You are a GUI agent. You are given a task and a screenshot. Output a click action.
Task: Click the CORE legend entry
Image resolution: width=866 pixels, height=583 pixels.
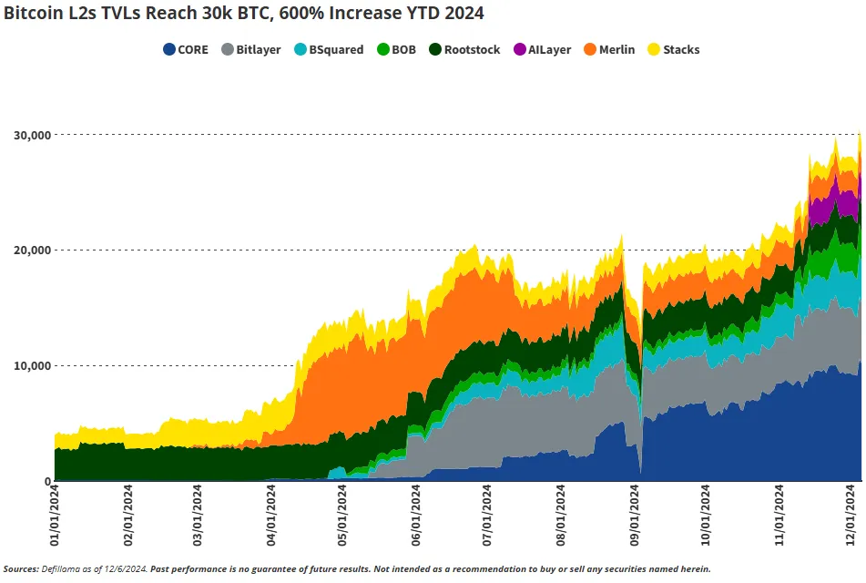[x=186, y=50]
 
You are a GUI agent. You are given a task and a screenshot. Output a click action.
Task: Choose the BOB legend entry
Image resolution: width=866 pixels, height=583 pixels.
[x=396, y=50]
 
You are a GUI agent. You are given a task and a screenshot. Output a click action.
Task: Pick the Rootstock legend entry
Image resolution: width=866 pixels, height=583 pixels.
[x=464, y=50]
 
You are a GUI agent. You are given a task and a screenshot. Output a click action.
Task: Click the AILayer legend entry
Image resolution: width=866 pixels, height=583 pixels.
[x=541, y=50]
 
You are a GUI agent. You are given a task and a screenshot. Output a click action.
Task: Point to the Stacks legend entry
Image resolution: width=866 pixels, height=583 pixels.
[x=674, y=50]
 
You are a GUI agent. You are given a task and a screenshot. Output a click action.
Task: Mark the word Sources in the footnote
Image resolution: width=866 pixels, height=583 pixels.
[x=21, y=569]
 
